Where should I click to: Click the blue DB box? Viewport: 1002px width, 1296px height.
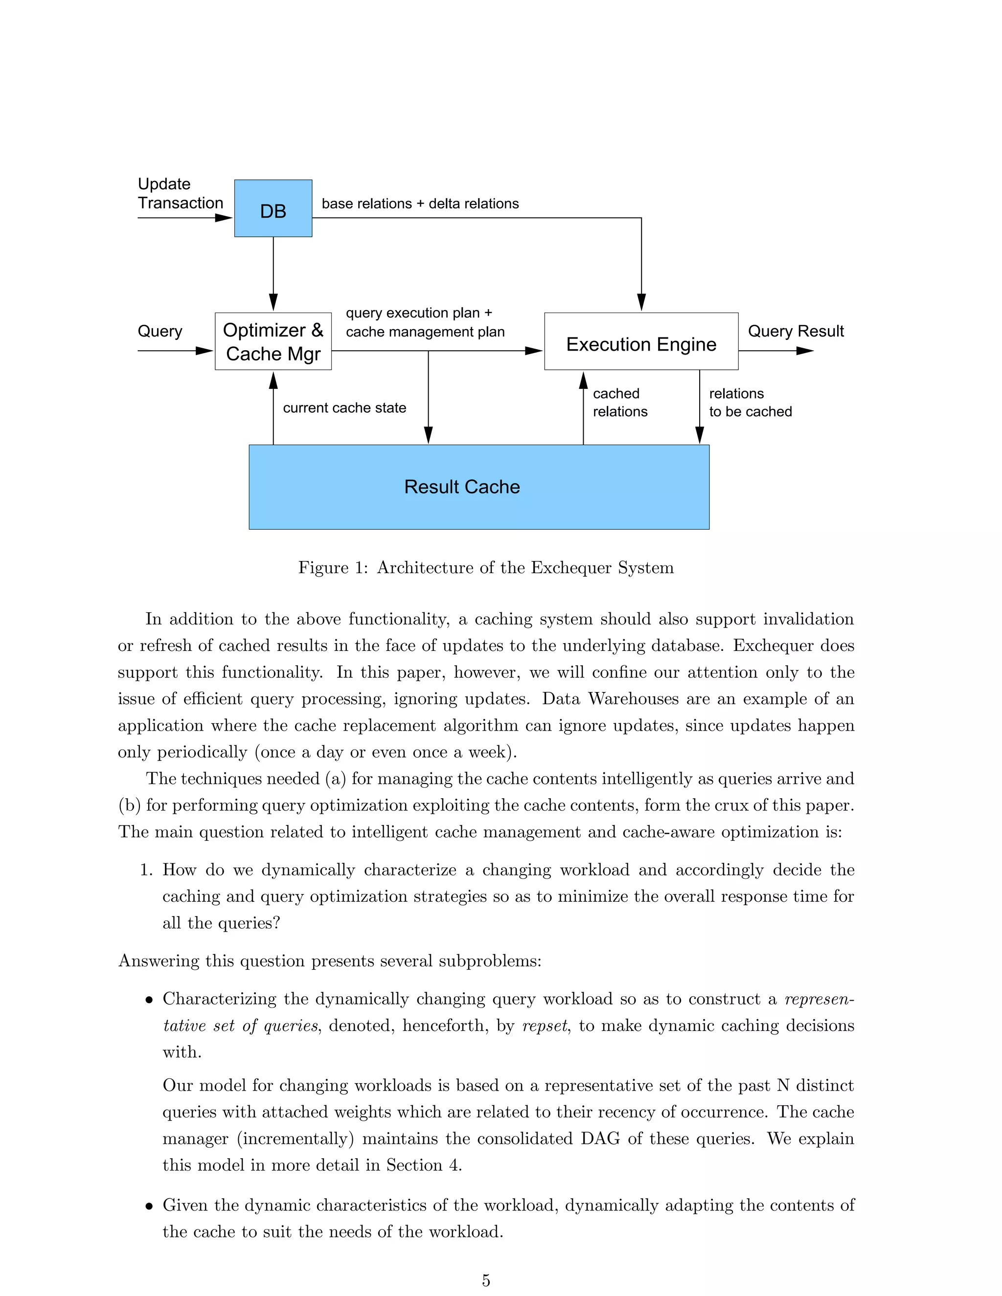273,208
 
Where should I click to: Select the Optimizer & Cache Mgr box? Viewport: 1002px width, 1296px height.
273,341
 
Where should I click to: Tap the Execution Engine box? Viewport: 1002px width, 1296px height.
641,342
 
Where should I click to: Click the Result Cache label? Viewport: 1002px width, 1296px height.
462,487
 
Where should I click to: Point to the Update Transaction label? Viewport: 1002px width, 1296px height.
180,194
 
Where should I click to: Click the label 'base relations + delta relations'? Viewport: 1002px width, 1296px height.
420,203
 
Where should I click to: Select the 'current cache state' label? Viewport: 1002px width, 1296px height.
344,408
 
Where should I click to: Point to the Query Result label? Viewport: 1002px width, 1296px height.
796,331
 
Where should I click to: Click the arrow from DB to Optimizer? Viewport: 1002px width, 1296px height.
273,273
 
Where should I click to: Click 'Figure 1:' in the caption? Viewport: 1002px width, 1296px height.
333,568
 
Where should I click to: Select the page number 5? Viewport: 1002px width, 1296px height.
485,1280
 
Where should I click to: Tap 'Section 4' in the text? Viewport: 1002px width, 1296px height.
423,1165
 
